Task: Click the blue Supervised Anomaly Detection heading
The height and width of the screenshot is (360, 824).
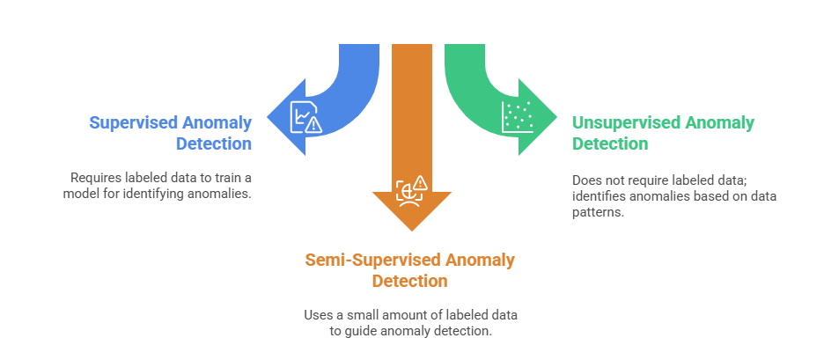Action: click(x=170, y=132)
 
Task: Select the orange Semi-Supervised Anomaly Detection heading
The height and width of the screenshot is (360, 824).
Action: click(x=409, y=270)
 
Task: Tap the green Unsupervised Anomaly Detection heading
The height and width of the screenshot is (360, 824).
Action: click(x=663, y=133)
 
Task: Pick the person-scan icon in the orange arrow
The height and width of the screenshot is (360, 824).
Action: click(x=411, y=188)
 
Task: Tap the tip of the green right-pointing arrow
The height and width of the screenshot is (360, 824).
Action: click(x=556, y=117)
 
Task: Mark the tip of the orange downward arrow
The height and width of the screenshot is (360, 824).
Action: click(x=411, y=231)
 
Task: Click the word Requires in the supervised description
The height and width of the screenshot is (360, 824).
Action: click(x=94, y=176)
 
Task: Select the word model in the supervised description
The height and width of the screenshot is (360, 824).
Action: click(x=83, y=193)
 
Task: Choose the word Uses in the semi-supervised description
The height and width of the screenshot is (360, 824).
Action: click(x=320, y=314)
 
